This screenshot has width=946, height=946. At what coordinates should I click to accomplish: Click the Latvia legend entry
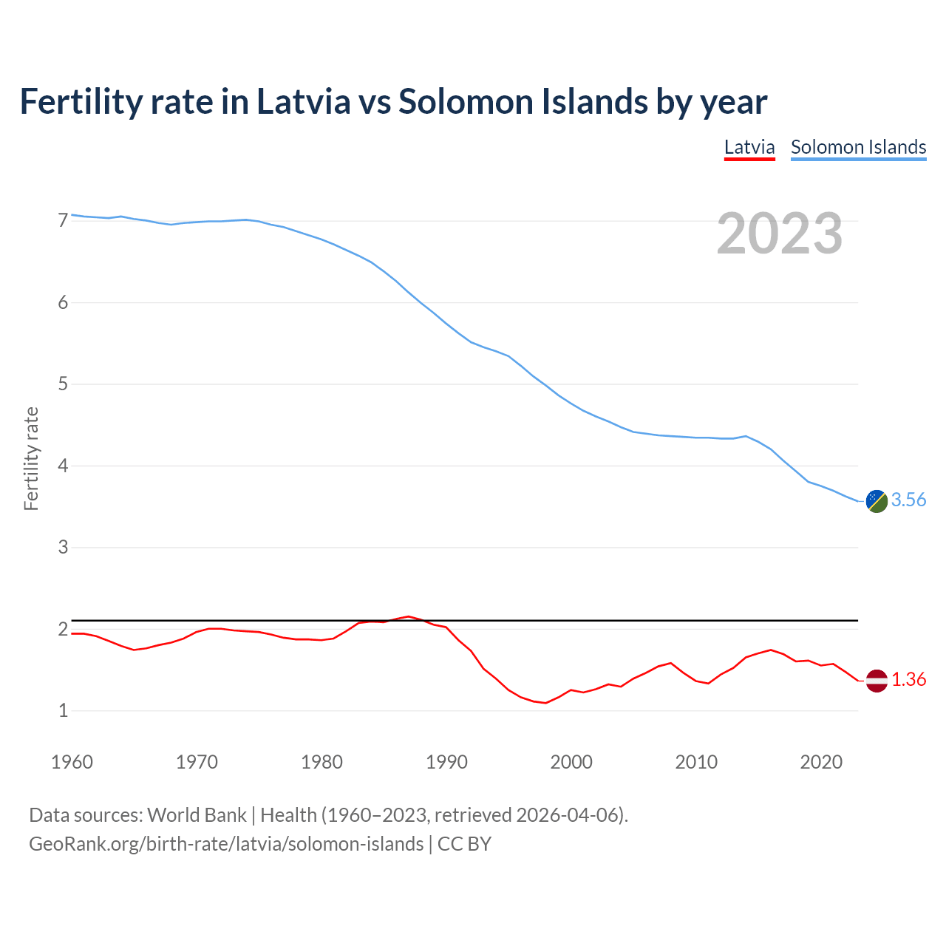[x=749, y=147]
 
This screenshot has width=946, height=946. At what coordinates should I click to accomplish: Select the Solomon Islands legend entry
[x=858, y=147]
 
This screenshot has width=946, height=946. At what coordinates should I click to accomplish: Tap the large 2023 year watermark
[x=780, y=234]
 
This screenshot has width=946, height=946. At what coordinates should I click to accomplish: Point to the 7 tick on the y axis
[x=63, y=220]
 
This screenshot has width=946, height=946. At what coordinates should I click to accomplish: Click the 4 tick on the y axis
[x=63, y=466]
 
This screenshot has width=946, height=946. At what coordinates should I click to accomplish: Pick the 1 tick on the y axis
[x=63, y=710]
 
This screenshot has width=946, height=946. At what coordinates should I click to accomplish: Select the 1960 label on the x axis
[x=72, y=762]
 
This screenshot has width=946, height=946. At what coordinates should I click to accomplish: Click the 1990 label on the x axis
[x=446, y=762]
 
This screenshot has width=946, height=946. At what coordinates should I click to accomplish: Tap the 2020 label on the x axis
[x=821, y=762]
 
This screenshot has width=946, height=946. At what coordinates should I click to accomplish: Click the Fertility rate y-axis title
[x=31, y=458]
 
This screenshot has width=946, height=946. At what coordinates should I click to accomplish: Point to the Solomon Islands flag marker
[x=877, y=501]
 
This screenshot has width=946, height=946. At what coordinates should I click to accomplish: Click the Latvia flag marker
[x=877, y=680]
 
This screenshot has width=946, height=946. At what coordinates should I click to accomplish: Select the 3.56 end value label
[x=908, y=500]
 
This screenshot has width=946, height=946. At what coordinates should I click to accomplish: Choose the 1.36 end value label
[x=908, y=680]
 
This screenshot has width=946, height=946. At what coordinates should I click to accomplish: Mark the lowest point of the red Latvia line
[x=545, y=703]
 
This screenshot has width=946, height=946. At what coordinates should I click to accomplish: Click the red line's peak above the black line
[x=409, y=616]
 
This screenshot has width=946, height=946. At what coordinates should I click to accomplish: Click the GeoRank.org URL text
[x=226, y=844]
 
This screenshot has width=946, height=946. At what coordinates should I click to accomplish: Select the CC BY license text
[x=464, y=844]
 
